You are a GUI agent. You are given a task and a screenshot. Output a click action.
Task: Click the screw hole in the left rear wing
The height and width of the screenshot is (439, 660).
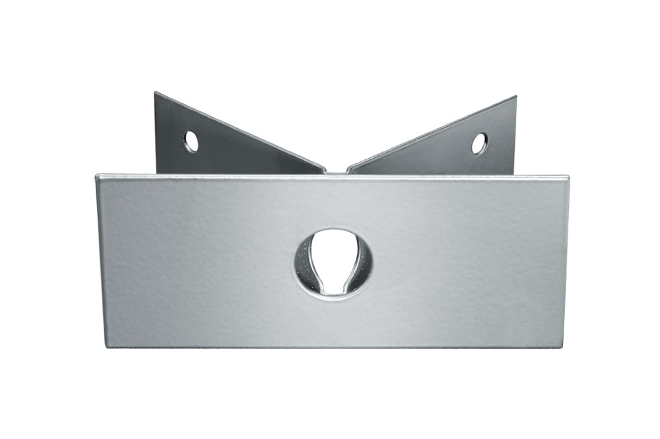tap(191, 141)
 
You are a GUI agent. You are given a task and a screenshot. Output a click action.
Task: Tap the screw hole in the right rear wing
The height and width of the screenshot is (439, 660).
tap(479, 143)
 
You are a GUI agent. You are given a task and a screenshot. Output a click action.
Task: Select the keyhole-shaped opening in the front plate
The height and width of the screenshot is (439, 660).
tap(333, 262)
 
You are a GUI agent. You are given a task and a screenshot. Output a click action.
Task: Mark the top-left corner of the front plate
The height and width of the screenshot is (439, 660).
tap(98, 177)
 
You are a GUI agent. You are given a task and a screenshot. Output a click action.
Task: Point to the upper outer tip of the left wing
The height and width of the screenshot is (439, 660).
tap(156, 94)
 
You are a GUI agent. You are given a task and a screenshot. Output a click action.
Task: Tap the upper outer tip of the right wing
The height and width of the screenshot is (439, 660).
tap(515, 98)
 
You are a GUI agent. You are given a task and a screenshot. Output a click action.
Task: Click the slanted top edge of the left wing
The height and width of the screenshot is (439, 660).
tap(241, 132)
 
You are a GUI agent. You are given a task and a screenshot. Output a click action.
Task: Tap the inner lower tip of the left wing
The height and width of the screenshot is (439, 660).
tap(323, 171)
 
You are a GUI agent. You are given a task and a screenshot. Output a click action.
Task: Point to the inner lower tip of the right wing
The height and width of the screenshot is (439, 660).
tap(350, 171)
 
